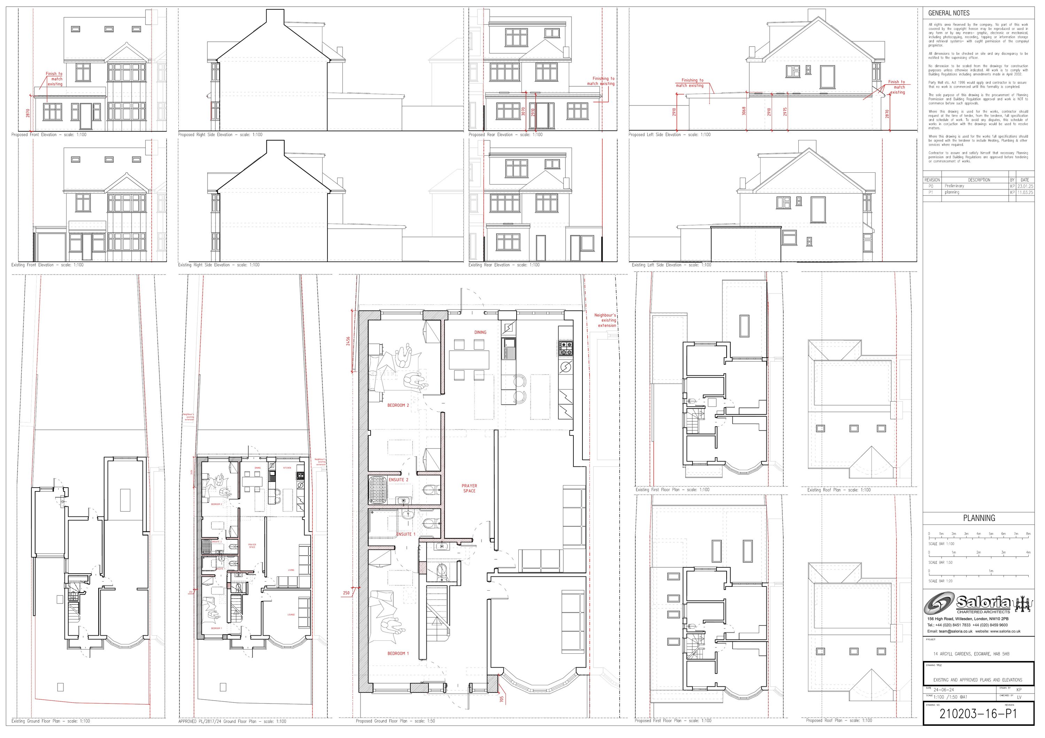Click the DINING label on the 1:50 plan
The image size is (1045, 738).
point(480,332)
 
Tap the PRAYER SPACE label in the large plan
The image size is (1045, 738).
point(469,488)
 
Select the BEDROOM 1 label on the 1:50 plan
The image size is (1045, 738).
point(398,653)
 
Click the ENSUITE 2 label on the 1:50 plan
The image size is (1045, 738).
point(398,480)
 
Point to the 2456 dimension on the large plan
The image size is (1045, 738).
point(348,341)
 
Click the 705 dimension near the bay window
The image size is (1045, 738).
point(502,698)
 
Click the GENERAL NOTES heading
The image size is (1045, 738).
point(949,13)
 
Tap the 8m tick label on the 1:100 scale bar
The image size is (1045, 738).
point(1028,534)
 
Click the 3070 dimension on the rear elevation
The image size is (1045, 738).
point(524,111)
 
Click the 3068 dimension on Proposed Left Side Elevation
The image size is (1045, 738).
point(744,111)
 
